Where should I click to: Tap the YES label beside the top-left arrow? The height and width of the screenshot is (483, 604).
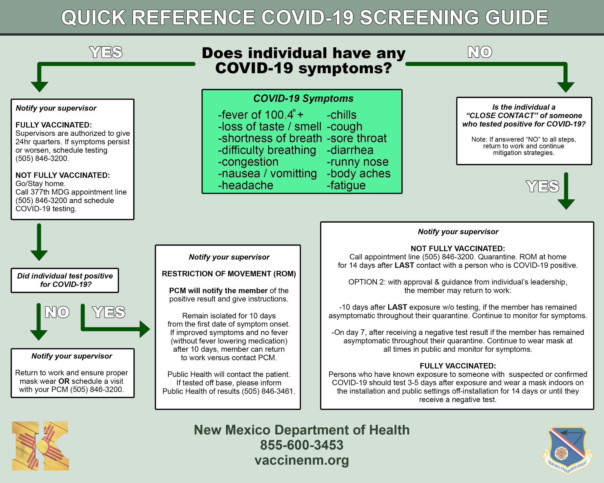(x=106, y=52)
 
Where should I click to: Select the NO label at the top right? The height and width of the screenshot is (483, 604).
(x=480, y=52)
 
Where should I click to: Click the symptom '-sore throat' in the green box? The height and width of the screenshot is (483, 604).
(x=356, y=138)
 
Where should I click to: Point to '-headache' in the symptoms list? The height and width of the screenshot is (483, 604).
(x=246, y=186)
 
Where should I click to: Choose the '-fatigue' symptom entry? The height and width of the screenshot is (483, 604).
(x=346, y=186)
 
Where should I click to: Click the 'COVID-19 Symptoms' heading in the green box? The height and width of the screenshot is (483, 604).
(x=303, y=99)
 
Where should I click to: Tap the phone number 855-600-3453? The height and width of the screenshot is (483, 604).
(x=302, y=445)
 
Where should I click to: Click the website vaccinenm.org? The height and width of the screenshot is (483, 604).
(x=302, y=460)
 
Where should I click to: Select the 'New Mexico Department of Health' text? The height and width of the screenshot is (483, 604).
(x=302, y=430)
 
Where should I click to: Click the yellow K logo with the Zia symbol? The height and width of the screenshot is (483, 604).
(x=40, y=446)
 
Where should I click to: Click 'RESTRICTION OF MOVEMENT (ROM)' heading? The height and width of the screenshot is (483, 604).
(x=229, y=274)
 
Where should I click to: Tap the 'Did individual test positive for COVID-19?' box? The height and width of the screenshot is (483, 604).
(x=65, y=280)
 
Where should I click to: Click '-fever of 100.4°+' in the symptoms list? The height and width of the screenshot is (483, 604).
(x=261, y=115)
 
